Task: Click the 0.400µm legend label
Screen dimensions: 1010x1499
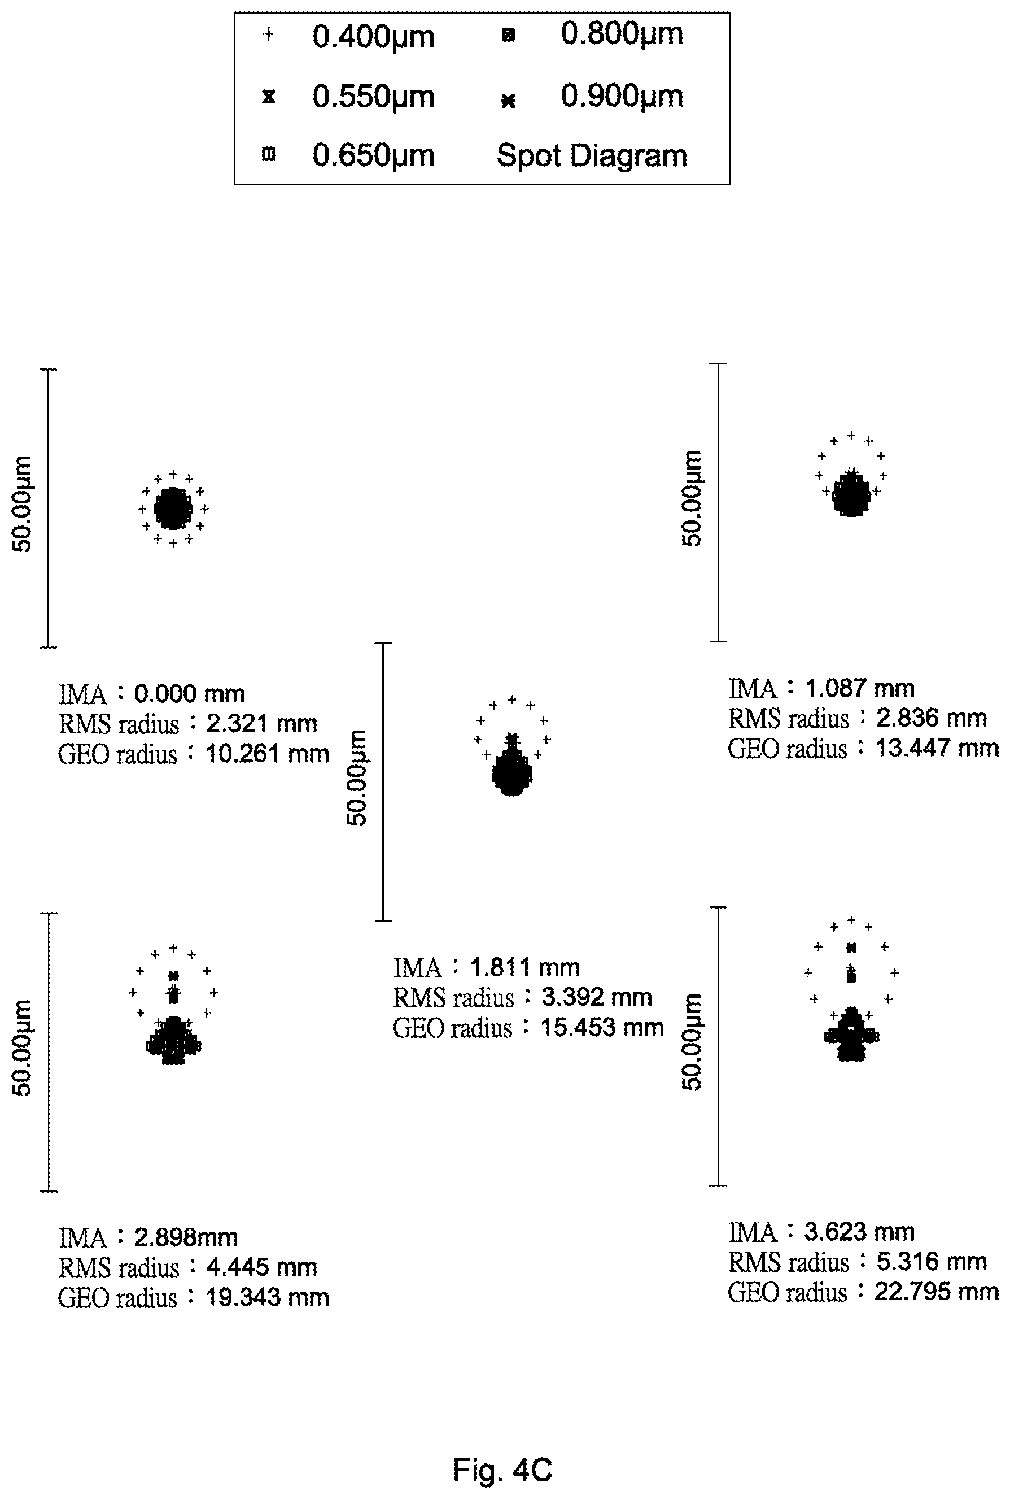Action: coord(373,37)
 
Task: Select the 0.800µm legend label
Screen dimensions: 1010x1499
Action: coord(622,33)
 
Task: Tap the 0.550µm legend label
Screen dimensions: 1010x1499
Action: coord(373,97)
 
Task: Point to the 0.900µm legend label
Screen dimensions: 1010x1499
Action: coord(622,97)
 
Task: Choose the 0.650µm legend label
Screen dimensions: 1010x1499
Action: coord(373,155)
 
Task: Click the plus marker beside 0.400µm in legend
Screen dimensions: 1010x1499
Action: coord(269,35)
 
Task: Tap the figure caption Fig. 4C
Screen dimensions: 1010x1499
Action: coord(502,1452)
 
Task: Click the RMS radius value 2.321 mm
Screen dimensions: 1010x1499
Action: coord(261,724)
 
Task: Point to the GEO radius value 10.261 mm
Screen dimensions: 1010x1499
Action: coord(267,753)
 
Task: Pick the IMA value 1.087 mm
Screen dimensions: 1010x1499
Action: coord(860,688)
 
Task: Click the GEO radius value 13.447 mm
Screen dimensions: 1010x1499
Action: coord(937,748)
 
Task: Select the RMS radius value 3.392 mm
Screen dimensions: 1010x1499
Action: coord(597,997)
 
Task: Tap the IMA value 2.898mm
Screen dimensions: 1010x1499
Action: coord(186,1237)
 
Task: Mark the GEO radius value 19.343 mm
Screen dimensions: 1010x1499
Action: coord(267,1297)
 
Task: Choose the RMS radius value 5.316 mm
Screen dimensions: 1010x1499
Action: coord(932,1261)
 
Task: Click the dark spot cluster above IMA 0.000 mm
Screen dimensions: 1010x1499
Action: coord(173,509)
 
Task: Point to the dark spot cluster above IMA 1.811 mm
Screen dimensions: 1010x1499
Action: coord(512,771)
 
